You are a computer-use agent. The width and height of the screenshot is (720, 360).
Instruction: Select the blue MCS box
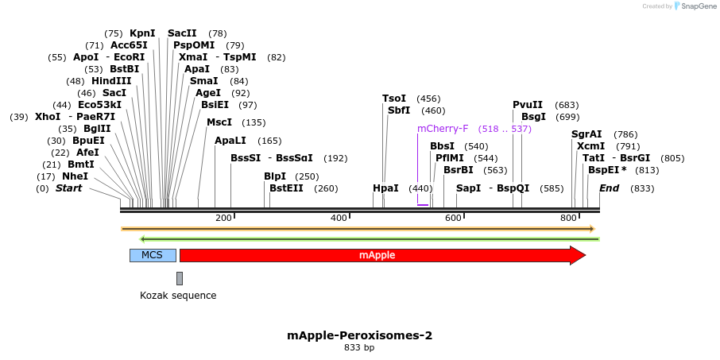tap(152, 255)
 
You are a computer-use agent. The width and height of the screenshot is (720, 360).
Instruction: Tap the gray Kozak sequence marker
tap(180, 278)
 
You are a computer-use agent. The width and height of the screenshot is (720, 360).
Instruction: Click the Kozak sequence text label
tap(178, 296)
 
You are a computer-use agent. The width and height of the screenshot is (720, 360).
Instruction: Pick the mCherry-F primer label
tap(443, 128)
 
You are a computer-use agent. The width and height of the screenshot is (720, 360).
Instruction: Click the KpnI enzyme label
tap(142, 33)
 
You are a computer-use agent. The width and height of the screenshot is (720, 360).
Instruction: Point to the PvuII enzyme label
tap(527, 105)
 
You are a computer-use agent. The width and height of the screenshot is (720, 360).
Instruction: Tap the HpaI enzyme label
tap(385, 188)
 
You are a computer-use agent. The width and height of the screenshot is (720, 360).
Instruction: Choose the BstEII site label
tap(286, 188)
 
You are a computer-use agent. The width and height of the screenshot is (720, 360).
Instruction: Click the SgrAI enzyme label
tap(586, 134)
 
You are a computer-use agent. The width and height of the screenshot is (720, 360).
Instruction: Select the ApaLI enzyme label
tap(230, 141)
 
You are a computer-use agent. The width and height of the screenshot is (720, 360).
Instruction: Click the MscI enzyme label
tap(219, 122)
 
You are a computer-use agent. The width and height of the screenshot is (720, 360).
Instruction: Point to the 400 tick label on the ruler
tap(339, 218)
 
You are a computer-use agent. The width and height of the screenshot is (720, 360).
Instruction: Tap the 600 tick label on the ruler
tap(454, 218)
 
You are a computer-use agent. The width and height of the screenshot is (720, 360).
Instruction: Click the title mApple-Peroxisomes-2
tap(359, 335)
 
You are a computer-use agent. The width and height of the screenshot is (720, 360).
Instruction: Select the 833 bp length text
tap(359, 348)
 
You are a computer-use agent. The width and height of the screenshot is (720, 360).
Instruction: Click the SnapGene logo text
tap(695, 6)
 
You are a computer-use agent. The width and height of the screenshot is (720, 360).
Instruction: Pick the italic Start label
tap(68, 188)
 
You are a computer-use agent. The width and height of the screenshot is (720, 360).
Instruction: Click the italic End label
tap(609, 188)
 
